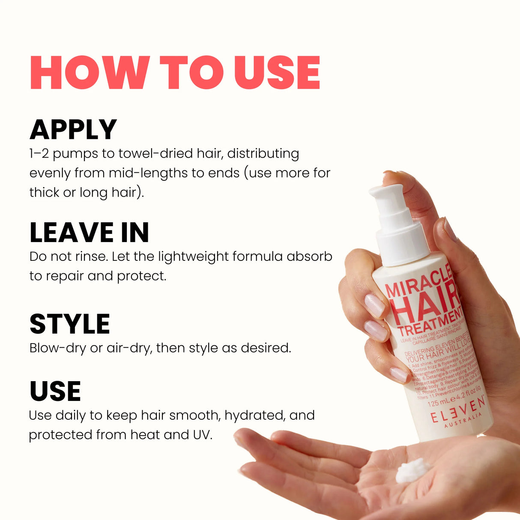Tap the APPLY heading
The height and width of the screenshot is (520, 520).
pyautogui.click(x=73, y=129)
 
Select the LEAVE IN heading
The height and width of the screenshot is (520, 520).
pyautogui.click(x=89, y=233)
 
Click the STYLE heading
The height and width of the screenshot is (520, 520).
pyautogui.click(x=70, y=324)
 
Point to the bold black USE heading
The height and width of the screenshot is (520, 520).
pyautogui.click(x=55, y=391)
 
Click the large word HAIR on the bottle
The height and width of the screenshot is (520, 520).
pyautogui.click(x=426, y=305)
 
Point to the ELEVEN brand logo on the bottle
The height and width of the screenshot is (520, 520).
pyautogui.click(x=458, y=411)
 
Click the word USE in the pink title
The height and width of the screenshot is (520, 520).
pyautogui.click(x=277, y=72)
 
